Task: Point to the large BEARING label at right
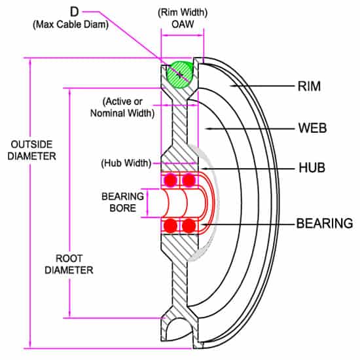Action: point(325,223)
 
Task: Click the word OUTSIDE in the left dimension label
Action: point(28,145)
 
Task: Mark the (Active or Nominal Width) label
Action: point(128,107)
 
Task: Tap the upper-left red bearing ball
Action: point(171,180)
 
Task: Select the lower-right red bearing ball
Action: point(190,226)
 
